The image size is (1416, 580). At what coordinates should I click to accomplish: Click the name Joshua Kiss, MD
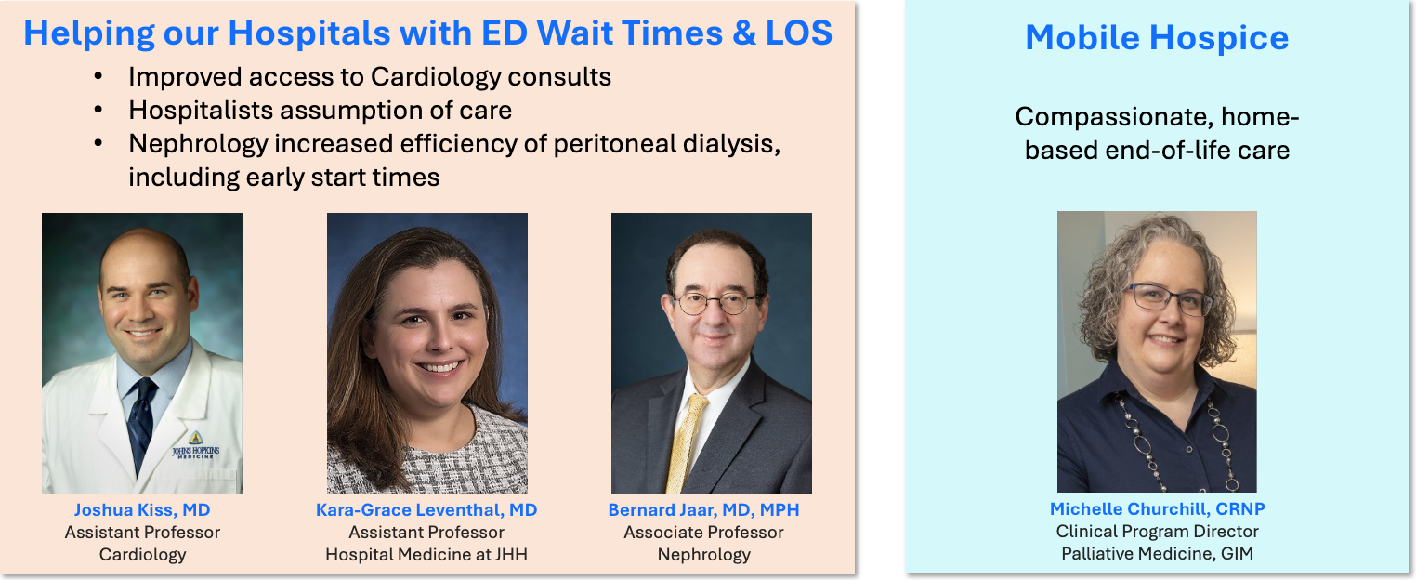pyautogui.click(x=142, y=509)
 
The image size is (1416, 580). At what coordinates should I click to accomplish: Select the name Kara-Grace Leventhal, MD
pyautogui.click(x=426, y=509)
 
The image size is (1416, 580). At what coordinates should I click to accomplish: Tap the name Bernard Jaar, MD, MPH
pyautogui.click(x=703, y=509)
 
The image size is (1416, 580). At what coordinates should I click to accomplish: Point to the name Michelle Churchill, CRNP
pyautogui.click(x=1157, y=508)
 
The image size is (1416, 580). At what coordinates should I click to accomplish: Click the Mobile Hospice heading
pyautogui.click(x=1157, y=37)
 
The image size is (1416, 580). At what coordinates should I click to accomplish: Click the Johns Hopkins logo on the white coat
pyautogui.click(x=196, y=445)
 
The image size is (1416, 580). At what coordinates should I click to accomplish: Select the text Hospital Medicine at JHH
pyautogui.click(x=426, y=555)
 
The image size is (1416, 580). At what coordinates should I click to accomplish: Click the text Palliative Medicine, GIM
pyautogui.click(x=1157, y=553)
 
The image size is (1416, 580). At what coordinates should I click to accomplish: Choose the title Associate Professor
pyautogui.click(x=703, y=533)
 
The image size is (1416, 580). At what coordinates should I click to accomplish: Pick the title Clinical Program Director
pyautogui.click(x=1157, y=532)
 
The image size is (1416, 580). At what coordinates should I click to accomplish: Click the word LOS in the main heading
pyautogui.click(x=799, y=33)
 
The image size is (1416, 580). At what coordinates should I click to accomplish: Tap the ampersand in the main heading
pyautogui.click(x=744, y=33)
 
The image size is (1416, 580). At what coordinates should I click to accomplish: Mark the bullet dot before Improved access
pyautogui.click(x=98, y=77)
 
